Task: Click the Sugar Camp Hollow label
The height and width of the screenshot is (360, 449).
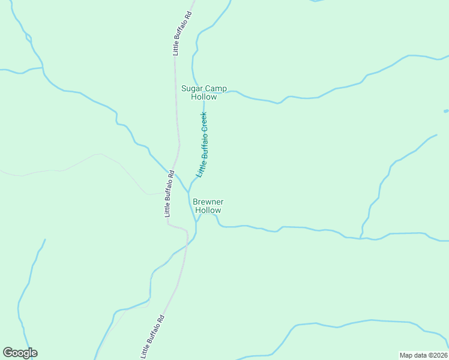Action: coord(204,92)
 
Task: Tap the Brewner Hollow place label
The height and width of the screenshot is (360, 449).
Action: coord(208,206)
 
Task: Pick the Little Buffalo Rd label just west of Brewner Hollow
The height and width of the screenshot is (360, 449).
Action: coord(169,193)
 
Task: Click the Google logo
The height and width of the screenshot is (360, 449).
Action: coord(20,353)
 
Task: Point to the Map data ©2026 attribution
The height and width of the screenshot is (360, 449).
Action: coord(424,355)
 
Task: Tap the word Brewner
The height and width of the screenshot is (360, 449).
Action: coord(208,202)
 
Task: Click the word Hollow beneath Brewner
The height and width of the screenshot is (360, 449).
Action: coord(208,210)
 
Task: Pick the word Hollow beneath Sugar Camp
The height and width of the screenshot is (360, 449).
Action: coord(204,97)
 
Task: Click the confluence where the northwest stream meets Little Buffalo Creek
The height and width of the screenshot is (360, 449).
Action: coord(188,193)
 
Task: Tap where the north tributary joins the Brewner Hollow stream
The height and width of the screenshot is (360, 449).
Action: coord(361,238)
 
